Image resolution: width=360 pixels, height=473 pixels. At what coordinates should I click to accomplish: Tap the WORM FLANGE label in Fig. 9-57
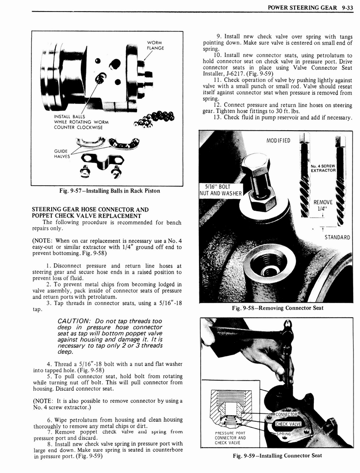156,45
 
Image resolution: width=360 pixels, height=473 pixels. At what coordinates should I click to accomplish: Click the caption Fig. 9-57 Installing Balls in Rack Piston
107,191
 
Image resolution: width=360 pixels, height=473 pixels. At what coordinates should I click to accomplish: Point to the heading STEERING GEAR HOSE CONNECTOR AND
90,209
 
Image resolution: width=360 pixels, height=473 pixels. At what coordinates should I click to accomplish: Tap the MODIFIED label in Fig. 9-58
278,140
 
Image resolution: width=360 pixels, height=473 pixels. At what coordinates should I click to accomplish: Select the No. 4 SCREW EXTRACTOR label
323,168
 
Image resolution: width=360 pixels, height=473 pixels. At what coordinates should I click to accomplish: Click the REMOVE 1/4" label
323,205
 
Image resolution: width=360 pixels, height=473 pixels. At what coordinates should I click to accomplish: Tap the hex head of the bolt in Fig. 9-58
255,164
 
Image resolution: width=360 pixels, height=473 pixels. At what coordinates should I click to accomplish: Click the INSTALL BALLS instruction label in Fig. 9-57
81,122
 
